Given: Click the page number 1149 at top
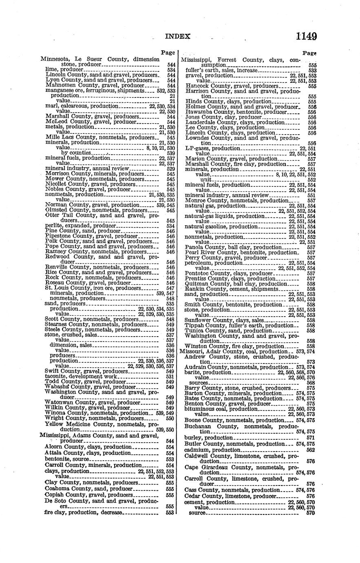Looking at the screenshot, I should (307, 36).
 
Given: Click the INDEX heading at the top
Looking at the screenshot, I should (177, 36).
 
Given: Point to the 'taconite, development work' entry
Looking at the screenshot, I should (81, 376).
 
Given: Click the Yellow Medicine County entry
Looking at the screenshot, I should (102, 424).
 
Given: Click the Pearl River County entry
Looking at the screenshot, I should (240, 253).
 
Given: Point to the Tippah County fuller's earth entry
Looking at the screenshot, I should (238, 325).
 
